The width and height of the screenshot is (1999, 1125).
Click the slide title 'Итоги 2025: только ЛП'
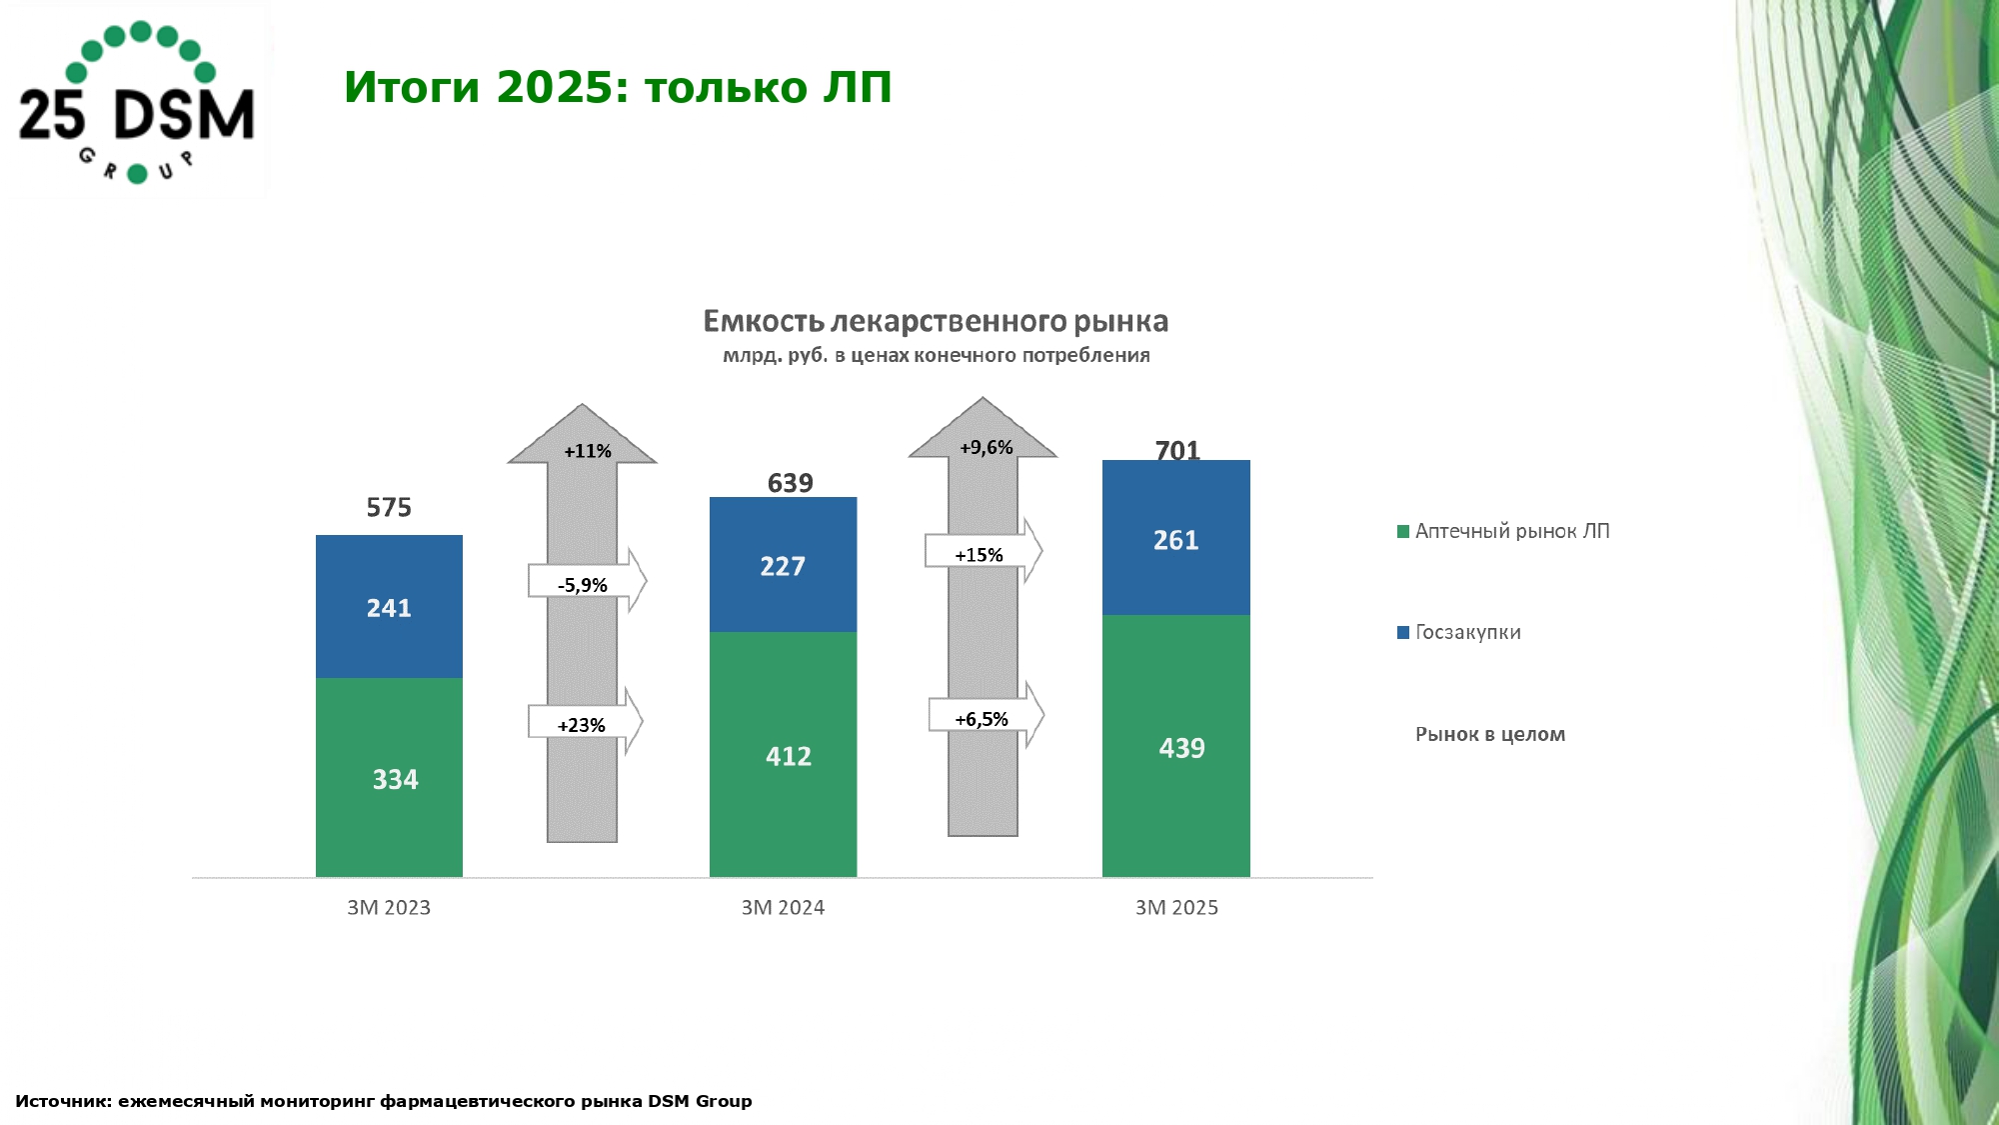tap(618, 87)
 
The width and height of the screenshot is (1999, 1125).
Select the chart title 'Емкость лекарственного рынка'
tap(936, 321)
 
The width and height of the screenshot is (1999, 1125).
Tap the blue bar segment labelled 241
tap(389, 606)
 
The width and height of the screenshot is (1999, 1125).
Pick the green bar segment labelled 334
tap(389, 778)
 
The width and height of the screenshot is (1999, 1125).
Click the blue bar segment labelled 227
tap(783, 564)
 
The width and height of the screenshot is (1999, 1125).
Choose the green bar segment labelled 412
tap(783, 755)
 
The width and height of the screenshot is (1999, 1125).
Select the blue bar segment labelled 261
tap(1175, 537)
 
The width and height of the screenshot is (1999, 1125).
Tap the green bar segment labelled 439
tap(1175, 746)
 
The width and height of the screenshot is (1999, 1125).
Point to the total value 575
tap(389, 507)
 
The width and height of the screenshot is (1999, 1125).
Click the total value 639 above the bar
tap(791, 483)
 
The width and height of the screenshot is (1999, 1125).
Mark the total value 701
tap(1177, 451)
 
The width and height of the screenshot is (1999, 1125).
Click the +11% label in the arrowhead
tap(588, 451)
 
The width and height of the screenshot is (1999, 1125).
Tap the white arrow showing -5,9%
tap(587, 581)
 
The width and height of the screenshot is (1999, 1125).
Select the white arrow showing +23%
tap(585, 721)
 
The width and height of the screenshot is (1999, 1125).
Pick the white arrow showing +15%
tap(984, 551)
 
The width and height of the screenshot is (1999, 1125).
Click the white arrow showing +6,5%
tap(986, 715)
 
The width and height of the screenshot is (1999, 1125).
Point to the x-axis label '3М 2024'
tap(783, 908)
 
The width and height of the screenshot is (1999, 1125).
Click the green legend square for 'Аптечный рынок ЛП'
tap(1403, 531)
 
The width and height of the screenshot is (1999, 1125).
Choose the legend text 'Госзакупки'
tap(1468, 632)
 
